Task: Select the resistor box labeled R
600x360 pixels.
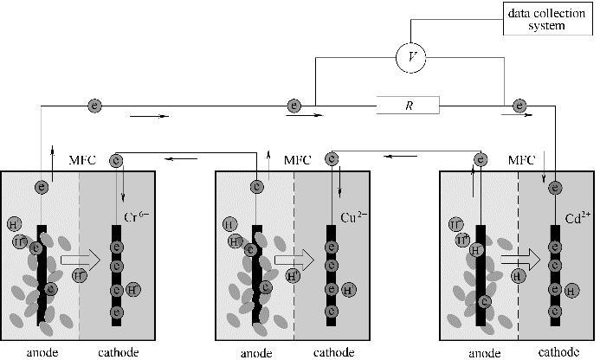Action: tap(408, 106)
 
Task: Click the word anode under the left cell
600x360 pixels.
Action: tap(41, 352)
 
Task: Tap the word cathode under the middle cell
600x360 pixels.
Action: tap(334, 352)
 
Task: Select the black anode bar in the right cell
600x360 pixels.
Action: tap(479, 277)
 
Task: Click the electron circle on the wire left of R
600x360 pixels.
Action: tap(294, 106)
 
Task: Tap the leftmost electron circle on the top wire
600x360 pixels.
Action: tap(94, 106)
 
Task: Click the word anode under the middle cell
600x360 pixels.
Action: tap(257, 352)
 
